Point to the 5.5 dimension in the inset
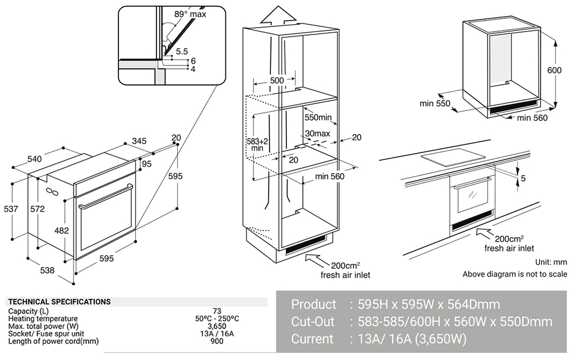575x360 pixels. (x=182, y=51)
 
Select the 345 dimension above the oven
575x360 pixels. (x=139, y=140)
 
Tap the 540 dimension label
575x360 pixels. (x=34, y=159)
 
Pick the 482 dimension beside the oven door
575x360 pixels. (x=61, y=231)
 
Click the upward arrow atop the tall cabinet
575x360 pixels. (x=278, y=16)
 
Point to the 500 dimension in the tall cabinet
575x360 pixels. (x=277, y=81)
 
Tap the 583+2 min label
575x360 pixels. (x=257, y=144)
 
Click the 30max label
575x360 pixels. (x=318, y=133)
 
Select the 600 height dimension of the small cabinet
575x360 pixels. (x=554, y=71)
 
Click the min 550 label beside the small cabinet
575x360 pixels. (x=435, y=104)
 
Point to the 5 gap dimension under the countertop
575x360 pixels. (x=523, y=179)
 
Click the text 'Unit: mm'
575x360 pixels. (x=551, y=262)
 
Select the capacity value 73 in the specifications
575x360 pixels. (x=217, y=311)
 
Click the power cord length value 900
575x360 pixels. (x=217, y=341)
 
